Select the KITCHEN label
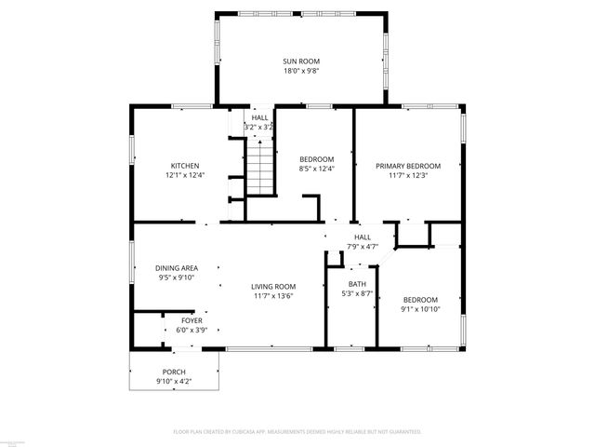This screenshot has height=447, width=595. (184, 166)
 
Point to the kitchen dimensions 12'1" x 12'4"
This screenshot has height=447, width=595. (184, 175)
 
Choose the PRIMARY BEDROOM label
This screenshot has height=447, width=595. (407, 166)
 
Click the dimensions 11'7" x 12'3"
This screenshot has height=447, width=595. (407, 175)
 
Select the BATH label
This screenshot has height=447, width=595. (357, 284)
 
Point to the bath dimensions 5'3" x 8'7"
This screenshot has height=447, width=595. (357, 293)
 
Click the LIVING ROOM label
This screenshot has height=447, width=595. (273, 287)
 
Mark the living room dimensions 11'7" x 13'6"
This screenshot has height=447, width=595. (273, 296)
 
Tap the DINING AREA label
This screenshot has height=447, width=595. (176, 268)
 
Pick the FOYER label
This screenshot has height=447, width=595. (191, 320)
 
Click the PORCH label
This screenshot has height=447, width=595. (174, 372)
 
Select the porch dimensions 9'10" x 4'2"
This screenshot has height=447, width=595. (174, 382)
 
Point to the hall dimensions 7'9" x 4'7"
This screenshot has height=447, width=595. (363, 247)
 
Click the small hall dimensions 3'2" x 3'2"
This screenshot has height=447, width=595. (258, 127)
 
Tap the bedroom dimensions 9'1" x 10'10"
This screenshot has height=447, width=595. (420, 309)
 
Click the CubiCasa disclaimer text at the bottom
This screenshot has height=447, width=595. (297, 432)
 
